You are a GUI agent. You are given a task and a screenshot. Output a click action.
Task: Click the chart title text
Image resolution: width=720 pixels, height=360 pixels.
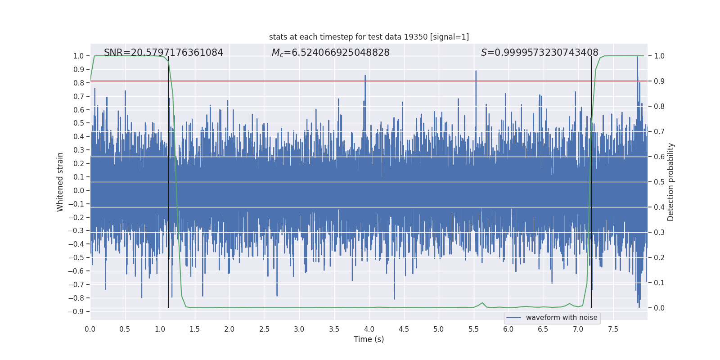pyautogui.click(x=369, y=37)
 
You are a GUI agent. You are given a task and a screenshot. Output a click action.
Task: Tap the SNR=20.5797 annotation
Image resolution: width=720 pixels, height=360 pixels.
pyautogui.click(x=163, y=53)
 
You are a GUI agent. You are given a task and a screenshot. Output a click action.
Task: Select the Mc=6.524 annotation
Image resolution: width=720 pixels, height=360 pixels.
pyautogui.click(x=330, y=53)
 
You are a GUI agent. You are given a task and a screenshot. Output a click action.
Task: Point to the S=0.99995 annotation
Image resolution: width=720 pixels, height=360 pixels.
pyautogui.click(x=539, y=53)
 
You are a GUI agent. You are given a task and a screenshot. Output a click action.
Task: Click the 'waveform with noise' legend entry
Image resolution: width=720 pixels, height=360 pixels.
pyautogui.click(x=561, y=318)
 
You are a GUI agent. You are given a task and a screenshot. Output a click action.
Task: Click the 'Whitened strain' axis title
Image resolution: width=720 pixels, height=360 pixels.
pyautogui.click(x=60, y=182)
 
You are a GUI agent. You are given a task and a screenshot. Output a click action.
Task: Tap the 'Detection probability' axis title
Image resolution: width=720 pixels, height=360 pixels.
pyautogui.click(x=670, y=182)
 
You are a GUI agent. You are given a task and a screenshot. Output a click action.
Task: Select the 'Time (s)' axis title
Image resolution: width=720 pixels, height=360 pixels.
pyautogui.click(x=369, y=339)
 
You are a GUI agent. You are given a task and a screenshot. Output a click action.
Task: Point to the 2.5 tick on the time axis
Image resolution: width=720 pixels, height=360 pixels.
pyautogui.click(x=264, y=329)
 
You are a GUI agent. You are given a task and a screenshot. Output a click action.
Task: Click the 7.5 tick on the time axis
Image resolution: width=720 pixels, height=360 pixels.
pyautogui.click(x=613, y=329)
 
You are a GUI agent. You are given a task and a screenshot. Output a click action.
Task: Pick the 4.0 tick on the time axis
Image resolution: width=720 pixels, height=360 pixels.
pyautogui.click(x=369, y=329)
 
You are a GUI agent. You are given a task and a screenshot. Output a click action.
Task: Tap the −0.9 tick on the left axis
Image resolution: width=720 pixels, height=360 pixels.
pyautogui.click(x=76, y=311)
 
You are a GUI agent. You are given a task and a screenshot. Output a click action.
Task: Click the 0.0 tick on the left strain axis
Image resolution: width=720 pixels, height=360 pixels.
pyautogui.click(x=79, y=190)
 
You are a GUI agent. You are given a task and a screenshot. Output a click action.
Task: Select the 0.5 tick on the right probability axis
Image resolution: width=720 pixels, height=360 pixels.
pyautogui.click(x=659, y=182)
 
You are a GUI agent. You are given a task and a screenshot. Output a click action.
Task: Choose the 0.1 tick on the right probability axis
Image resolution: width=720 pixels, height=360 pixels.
pyautogui.click(x=659, y=283)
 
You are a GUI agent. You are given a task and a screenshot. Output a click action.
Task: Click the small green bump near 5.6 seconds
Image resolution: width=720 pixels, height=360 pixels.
pyautogui.click(x=482, y=303)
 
